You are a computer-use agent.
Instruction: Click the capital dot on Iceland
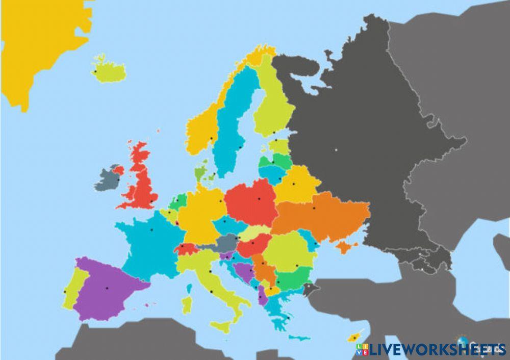point(95,71)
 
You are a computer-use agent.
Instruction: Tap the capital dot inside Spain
point(107,288)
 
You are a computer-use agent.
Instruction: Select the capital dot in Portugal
point(65,292)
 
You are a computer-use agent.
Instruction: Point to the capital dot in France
point(151,229)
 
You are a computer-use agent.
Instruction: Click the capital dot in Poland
point(259,198)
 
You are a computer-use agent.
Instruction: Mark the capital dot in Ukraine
point(314,208)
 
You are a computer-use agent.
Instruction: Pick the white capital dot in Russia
point(336,150)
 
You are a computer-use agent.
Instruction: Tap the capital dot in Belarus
point(294,184)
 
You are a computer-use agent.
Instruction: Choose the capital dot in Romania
point(296,265)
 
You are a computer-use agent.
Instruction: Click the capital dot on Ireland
point(118,179)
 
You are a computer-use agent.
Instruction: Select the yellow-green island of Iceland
point(110,72)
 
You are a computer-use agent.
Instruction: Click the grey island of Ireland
point(107,179)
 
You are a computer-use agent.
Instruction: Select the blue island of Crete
point(299,337)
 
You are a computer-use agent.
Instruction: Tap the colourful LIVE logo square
point(362,349)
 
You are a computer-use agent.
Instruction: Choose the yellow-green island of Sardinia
point(187,304)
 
